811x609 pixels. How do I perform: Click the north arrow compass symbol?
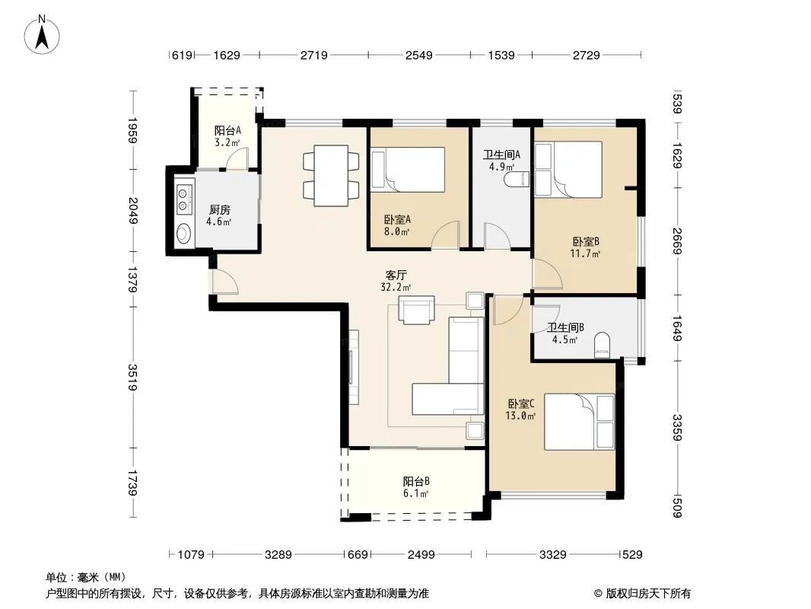[42, 34]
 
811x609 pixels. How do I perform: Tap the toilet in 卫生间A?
[518, 180]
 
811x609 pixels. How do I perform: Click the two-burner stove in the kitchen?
[183, 199]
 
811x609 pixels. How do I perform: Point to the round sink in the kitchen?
[183, 234]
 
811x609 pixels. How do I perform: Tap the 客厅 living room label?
[396, 275]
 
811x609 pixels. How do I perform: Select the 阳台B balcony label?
[416, 481]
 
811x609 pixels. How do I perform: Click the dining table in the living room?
[331, 175]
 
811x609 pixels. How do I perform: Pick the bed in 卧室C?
[579, 422]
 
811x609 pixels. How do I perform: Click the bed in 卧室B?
[568, 169]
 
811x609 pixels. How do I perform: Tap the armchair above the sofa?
[416, 310]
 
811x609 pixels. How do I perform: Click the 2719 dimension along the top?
[314, 55]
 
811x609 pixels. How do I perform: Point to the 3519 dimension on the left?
[133, 377]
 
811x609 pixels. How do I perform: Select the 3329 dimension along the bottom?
[553, 555]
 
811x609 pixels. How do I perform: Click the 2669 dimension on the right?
[678, 241]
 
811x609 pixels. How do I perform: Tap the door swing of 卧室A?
[446, 234]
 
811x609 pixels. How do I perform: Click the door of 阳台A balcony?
[237, 158]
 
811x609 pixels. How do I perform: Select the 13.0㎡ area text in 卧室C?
[520, 416]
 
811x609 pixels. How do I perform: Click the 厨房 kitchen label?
[219, 209]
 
